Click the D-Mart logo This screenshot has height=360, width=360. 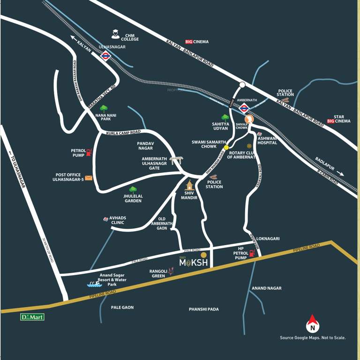(32, 317)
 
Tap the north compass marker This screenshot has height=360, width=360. (313, 324)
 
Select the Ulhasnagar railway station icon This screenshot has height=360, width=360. (105, 56)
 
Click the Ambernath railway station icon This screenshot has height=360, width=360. (244, 108)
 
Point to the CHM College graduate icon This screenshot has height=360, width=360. (115, 34)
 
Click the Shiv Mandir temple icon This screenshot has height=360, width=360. (189, 185)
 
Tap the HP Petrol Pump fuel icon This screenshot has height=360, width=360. (252, 253)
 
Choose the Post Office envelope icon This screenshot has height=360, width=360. (89, 178)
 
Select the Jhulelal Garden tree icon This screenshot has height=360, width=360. (133, 190)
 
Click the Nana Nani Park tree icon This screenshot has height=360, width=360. (104, 109)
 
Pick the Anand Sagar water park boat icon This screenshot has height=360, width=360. (94, 283)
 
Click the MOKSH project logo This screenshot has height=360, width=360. (194, 262)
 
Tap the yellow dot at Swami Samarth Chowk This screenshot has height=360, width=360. (226, 147)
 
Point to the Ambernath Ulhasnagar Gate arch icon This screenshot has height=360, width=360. (176, 160)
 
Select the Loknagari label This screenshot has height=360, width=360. (269, 239)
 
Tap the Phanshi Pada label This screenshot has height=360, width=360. (204, 309)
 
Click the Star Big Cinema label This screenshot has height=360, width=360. (338, 119)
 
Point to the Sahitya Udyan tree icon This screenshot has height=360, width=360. (225, 117)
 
